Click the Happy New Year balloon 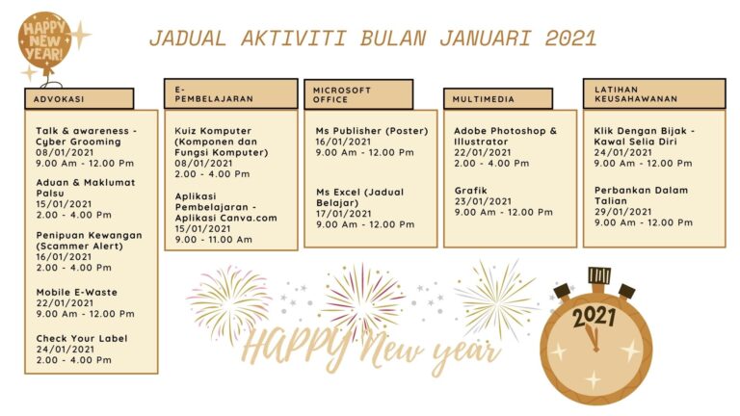(x=45, y=42)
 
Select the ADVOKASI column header (x=79, y=99)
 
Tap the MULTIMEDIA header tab (x=498, y=99)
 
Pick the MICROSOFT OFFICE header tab (x=358, y=94)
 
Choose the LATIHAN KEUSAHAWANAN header (x=654, y=93)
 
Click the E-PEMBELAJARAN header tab (x=231, y=93)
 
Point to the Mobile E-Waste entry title (x=77, y=293)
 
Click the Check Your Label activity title (x=82, y=339)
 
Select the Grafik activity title (x=470, y=191)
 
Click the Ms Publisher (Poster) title (x=372, y=131)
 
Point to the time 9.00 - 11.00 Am (x=214, y=240)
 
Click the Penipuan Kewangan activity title (x=90, y=241)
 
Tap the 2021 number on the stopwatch (x=595, y=317)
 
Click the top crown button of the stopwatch (x=599, y=275)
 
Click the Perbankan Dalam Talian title (x=641, y=195)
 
